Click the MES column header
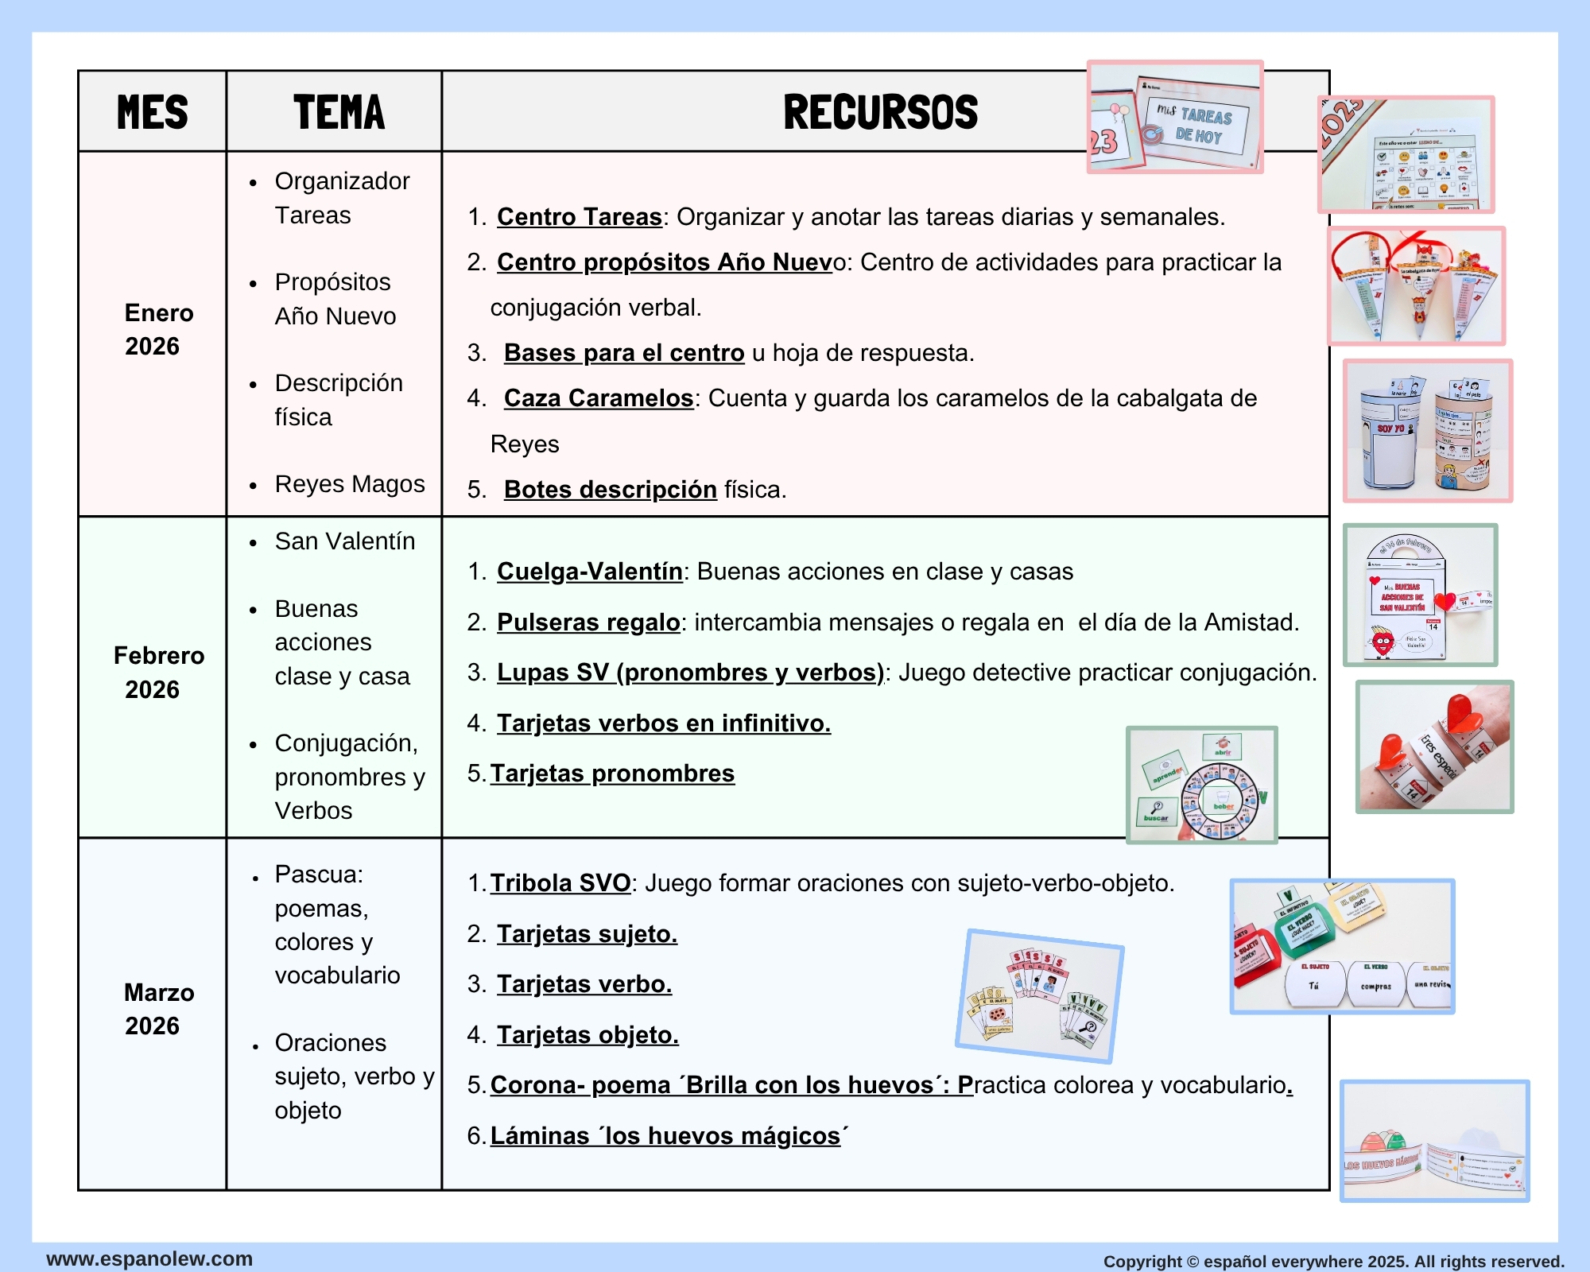tap(153, 111)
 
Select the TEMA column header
tap(339, 111)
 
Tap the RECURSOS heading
tap(880, 111)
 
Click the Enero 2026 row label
tap(158, 329)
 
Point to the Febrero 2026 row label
tap(158, 672)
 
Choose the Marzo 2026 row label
tap(158, 1009)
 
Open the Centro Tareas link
tap(579, 216)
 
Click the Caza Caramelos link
tap(598, 397)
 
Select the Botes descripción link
tap(610, 489)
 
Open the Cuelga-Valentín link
tap(589, 571)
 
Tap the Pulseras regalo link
tap(588, 622)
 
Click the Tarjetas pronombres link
tap(612, 773)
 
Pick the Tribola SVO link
tap(560, 882)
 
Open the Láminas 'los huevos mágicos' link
tap(668, 1135)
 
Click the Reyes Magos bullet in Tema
tap(349, 483)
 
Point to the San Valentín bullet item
tap(344, 541)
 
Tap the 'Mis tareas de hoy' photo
tap(1174, 117)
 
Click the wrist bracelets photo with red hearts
tap(1434, 747)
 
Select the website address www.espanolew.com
tap(149, 1258)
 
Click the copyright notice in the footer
tap(1333, 1261)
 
